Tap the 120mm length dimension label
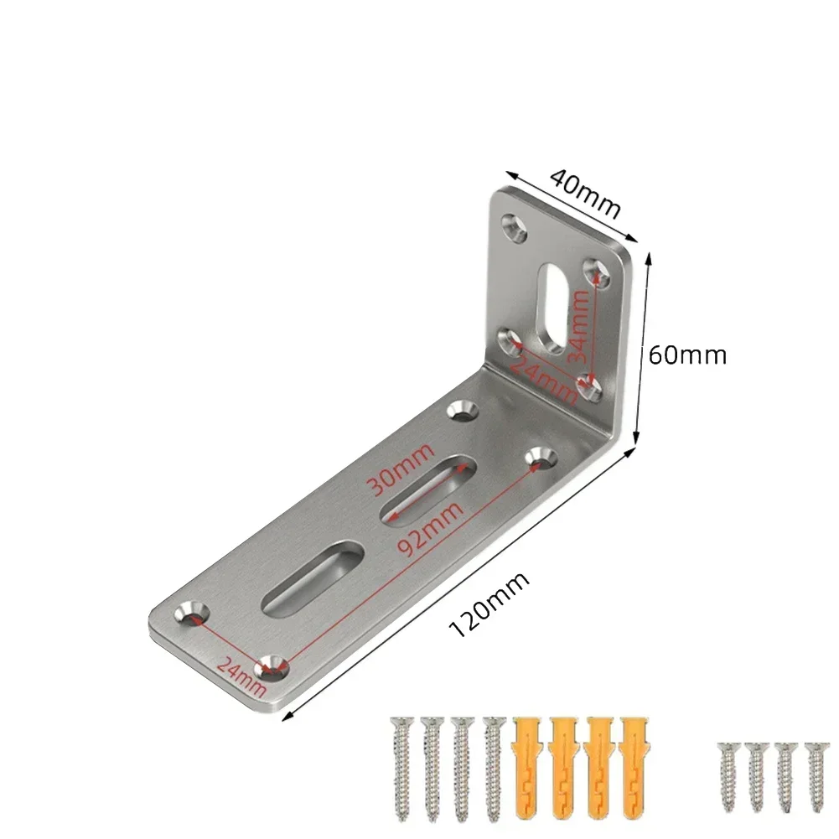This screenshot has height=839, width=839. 491,604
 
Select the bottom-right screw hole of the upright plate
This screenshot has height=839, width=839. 590,387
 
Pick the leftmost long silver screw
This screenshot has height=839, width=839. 398,763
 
